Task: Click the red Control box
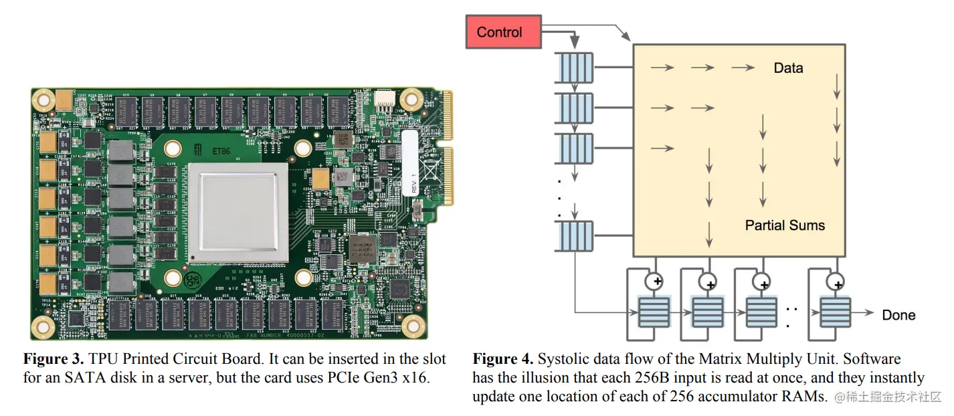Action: [503, 32]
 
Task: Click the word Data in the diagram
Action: [788, 68]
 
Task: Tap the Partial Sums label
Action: [785, 225]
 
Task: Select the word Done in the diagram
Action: [898, 315]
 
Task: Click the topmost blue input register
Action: [575, 68]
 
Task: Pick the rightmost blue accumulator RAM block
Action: [834, 312]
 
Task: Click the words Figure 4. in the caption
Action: [503, 359]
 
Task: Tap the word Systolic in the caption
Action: [563, 359]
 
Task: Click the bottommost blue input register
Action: [575, 237]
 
